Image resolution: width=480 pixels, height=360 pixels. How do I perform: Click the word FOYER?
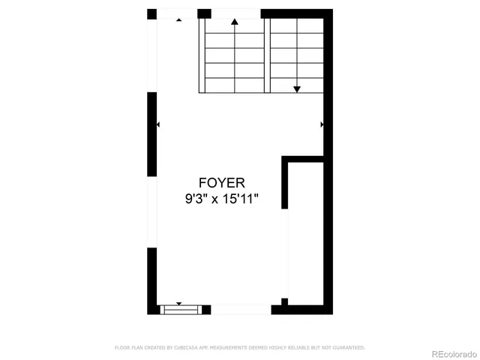coord(221,182)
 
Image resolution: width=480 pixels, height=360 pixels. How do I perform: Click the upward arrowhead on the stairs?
coord(235,22)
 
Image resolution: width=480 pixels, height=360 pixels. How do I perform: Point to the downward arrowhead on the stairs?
coord(297,88)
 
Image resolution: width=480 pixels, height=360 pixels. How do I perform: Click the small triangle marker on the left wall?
coord(158,124)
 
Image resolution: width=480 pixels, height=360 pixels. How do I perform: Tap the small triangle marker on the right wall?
coord(322,124)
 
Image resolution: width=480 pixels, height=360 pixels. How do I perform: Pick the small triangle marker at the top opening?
coord(178,20)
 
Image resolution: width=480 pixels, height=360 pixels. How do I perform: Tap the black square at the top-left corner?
coord(152,14)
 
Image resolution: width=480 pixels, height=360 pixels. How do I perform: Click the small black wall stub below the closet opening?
coord(284,302)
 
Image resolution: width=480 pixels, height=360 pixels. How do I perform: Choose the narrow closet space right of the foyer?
coord(304,232)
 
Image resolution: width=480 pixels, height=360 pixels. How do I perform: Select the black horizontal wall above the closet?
coord(302,157)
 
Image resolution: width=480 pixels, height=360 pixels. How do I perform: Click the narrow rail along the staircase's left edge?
coord(201,56)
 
